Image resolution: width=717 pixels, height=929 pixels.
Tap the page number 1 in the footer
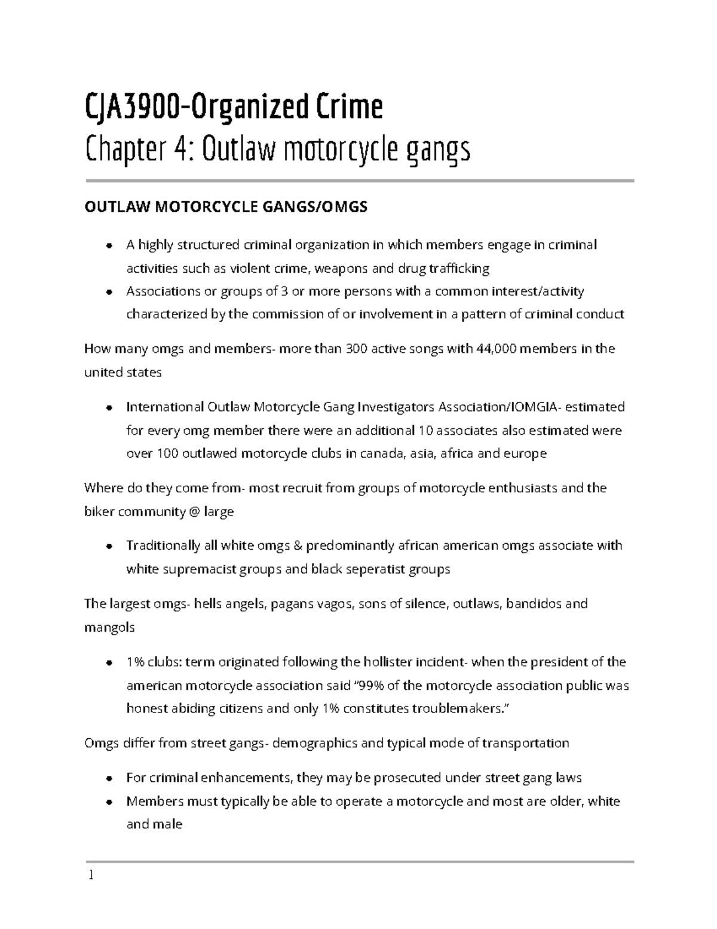(x=91, y=876)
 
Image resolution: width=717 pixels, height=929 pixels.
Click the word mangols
(x=109, y=628)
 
